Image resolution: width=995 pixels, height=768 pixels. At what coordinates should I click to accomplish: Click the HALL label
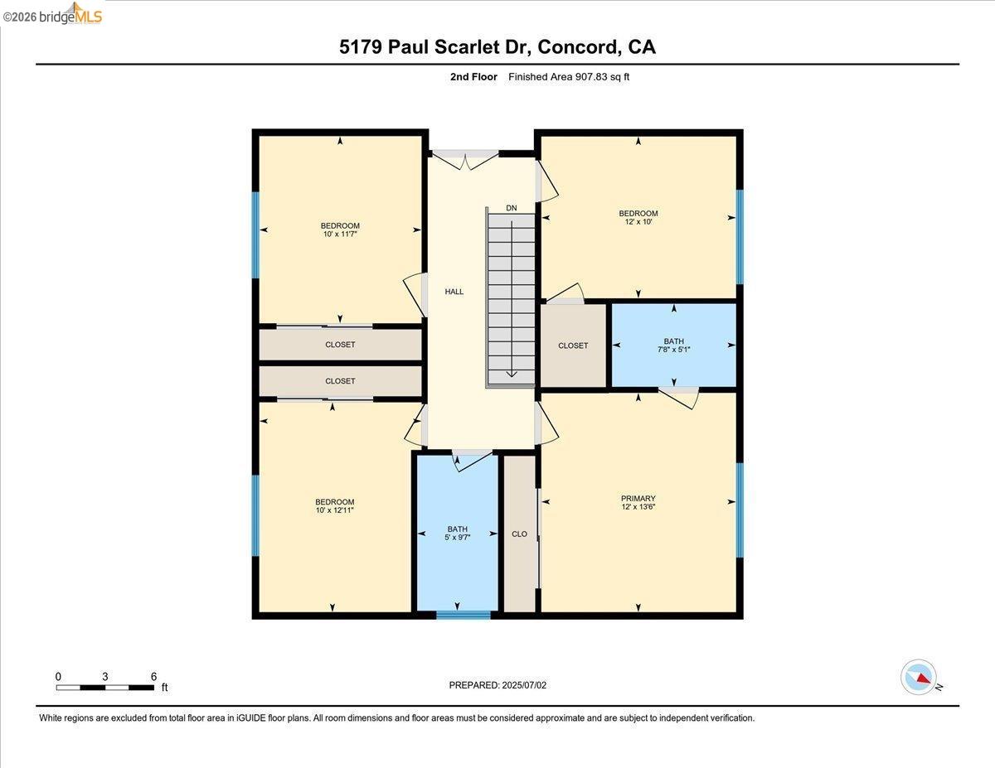(454, 292)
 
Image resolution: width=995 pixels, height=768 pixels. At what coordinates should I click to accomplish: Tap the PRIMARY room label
(638, 499)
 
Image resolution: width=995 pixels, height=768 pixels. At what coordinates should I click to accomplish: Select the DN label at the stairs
(511, 208)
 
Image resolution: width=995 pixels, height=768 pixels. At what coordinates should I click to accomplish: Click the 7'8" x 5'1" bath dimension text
(673, 350)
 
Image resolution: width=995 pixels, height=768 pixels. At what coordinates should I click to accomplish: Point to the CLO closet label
(519, 534)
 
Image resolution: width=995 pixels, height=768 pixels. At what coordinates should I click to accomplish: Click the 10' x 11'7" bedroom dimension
(340, 234)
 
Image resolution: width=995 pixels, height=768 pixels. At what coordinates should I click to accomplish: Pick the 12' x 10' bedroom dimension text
(638, 222)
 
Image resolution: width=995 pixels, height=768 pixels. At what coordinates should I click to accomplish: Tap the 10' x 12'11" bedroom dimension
(334, 510)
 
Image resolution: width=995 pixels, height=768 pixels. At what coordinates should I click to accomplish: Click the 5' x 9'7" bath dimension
(457, 538)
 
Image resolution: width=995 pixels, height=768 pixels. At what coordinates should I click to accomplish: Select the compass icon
(919, 677)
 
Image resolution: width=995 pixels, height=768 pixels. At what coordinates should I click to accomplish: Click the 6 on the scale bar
(153, 676)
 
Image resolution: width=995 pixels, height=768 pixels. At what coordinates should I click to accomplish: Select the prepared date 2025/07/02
(524, 685)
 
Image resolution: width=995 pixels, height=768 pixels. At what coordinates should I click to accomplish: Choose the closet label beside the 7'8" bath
(573, 345)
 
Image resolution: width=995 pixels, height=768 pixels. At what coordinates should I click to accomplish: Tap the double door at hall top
(465, 159)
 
